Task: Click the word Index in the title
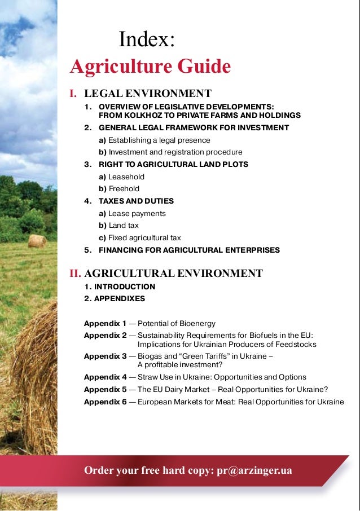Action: (x=147, y=40)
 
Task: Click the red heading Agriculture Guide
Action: (x=150, y=67)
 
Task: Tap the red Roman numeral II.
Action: (x=76, y=274)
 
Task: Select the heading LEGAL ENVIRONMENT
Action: (x=148, y=93)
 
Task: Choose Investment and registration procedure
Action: (x=175, y=152)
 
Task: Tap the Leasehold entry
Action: (x=126, y=177)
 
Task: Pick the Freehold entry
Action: (x=124, y=189)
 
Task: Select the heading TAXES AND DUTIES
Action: (x=136, y=201)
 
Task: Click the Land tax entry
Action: (x=124, y=226)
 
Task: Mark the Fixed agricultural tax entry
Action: (x=144, y=237)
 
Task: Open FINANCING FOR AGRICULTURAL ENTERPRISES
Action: (x=189, y=250)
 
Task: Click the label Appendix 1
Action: (x=105, y=323)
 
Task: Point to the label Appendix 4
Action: (x=105, y=377)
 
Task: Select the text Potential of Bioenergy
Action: (x=176, y=323)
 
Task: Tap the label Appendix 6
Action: (x=105, y=402)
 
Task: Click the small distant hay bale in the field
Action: (x=37, y=241)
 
